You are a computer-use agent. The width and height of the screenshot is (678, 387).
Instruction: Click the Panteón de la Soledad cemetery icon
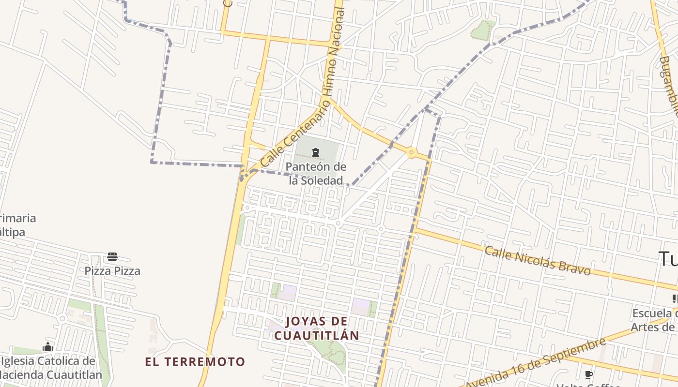pos(316,153)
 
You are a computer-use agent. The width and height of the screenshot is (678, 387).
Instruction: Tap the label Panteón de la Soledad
pos(316,174)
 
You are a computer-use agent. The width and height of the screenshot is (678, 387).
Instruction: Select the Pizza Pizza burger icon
pos(112,257)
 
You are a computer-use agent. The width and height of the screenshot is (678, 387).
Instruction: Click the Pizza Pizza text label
pos(112,271)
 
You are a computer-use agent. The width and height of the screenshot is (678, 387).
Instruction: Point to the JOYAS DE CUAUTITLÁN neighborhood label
pos(316,328)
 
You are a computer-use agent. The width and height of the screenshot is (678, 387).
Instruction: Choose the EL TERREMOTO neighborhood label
pos(195,361)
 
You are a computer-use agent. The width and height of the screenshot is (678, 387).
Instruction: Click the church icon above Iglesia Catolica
pos(47,347)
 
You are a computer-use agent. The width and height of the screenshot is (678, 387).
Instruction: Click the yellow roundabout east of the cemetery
pos(412,153)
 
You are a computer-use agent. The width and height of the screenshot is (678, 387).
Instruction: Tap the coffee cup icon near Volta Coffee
pos(589,375)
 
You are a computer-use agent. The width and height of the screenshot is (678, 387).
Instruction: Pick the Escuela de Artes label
pos(654,320)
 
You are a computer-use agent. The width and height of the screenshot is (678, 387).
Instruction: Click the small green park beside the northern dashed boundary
pos(482,30)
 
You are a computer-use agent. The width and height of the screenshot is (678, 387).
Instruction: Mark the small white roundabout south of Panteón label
pos(339,223)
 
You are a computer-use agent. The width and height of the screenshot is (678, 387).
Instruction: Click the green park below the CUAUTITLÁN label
pos(329,351)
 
